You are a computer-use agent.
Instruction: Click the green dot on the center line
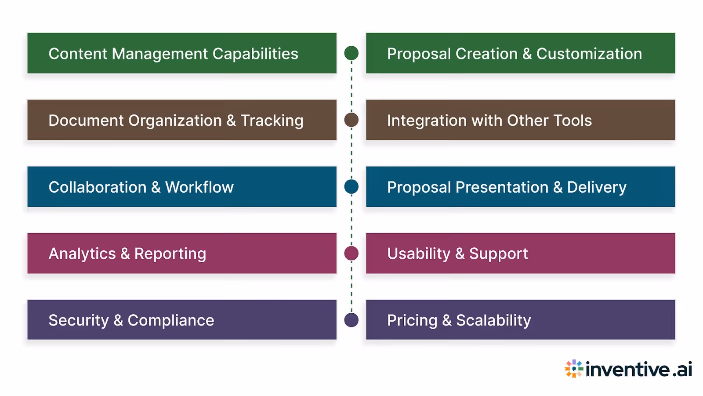click(351, 53)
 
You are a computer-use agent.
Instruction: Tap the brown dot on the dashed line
click(351, 120)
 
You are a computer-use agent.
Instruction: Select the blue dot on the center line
click(351, 187)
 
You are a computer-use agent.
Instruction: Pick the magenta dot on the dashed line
click(351, 253)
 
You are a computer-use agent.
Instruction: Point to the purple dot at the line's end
click(351, 320)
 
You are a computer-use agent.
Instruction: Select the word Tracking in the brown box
click(272, 121)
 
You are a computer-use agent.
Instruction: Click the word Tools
click(573, 121)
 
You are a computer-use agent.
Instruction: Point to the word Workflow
click(199, 187)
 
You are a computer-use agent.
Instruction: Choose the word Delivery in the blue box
click(597, 187)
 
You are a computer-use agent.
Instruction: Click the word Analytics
click(82, 254)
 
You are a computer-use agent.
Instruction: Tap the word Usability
click(419, 254)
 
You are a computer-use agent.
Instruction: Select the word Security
click(79, 320)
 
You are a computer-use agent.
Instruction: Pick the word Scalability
click(493, 320)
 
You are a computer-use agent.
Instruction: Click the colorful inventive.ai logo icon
click(574, 369)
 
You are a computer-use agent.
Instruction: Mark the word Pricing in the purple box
click(412, 320)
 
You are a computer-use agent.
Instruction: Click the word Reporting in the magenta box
click(170, 254)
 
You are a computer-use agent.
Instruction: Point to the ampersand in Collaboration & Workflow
click(156, 187)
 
